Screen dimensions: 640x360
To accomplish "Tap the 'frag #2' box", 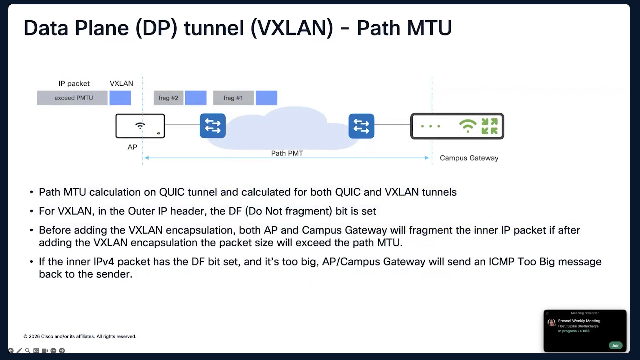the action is pos(168,98).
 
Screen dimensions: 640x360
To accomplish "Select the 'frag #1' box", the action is pos(233,98).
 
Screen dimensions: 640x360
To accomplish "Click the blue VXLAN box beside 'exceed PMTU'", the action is pos(120,98).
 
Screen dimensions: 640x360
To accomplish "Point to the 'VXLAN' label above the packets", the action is pos(121,84).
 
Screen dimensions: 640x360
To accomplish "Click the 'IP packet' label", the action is pos(74,84).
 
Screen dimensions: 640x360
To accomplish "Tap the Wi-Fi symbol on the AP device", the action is pos(140,125).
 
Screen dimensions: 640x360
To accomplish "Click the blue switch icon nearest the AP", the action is pos(213,126).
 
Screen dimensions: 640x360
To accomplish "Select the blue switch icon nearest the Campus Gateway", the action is pos(361,126).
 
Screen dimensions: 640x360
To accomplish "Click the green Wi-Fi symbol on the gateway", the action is pos(468,126).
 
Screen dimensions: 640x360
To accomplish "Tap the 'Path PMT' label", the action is pos(287,153).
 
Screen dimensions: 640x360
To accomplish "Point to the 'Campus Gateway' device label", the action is pos(469,158).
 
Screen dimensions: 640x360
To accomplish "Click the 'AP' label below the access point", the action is pos(132,147).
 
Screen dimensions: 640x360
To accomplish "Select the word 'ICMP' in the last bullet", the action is pos(502,262).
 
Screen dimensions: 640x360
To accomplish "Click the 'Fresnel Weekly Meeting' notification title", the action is pos(579,321).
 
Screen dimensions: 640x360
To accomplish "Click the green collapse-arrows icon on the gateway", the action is pos(490,126).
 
